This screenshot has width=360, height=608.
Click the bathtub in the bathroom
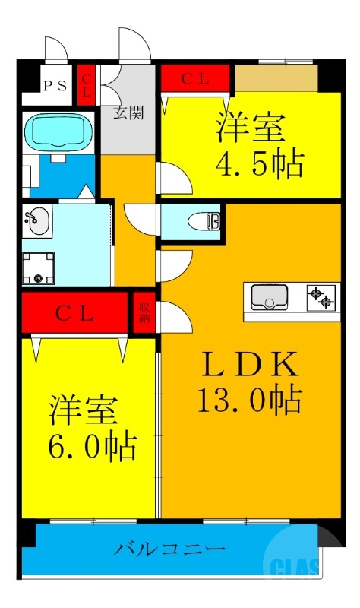tap(58, 132)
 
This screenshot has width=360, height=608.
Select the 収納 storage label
tap(144, 312)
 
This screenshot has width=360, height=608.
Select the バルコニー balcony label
tap(170, 548)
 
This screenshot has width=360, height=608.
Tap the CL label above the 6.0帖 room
tap(74, 312)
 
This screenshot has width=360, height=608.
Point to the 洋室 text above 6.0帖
tap(84, 410)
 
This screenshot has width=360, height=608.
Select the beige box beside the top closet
tap(276, 78)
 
